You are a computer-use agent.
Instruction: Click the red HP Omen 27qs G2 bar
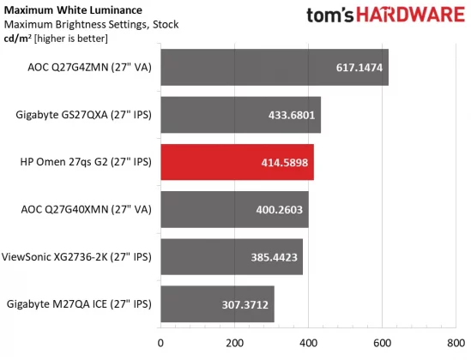point(237,162)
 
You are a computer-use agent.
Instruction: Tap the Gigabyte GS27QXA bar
point(240,115)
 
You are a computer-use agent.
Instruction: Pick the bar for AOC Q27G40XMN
point(234,209)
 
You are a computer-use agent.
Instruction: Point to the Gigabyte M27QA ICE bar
point(217,303)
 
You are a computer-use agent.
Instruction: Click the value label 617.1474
point(359,68)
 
